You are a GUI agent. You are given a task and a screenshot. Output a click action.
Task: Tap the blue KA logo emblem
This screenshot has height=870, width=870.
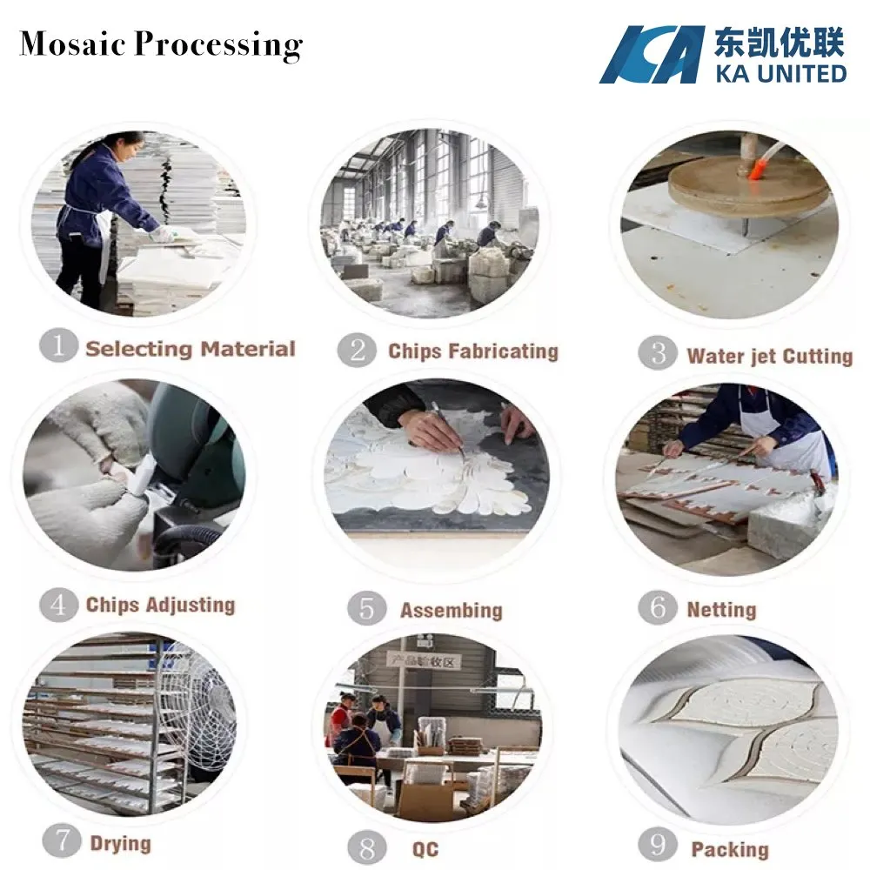coord(652,55)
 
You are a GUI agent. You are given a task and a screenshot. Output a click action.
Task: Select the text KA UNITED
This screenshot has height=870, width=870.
coord(780,71)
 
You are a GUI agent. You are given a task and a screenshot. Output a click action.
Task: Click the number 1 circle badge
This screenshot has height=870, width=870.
coord(58,346)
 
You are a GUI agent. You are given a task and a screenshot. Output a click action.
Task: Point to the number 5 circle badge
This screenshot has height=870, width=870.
coord(366,608)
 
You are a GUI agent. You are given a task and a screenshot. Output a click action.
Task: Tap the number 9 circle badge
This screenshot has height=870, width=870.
coord(658,846)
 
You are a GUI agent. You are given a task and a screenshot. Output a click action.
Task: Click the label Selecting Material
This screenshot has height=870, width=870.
coord(191,349)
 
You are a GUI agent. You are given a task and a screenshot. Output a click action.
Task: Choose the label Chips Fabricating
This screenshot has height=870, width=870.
coord(472,351)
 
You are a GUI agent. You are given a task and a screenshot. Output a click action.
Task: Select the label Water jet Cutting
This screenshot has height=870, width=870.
coord(769,355)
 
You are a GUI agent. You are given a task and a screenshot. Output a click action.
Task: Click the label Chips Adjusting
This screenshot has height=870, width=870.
coord(160,605)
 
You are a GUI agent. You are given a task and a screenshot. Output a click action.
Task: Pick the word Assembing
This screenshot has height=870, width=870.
coord(451,610)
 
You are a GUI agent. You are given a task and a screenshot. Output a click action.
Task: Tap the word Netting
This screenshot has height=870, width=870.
coord(721,609)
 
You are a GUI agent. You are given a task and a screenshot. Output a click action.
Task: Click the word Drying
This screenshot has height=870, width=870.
coord(120,843)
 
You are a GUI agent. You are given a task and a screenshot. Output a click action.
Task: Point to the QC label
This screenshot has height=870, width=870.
coord(425,849)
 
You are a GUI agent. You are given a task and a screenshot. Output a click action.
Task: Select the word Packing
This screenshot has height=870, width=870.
coord(729,849)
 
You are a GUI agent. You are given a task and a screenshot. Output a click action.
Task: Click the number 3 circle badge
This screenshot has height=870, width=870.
coord(658,354)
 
